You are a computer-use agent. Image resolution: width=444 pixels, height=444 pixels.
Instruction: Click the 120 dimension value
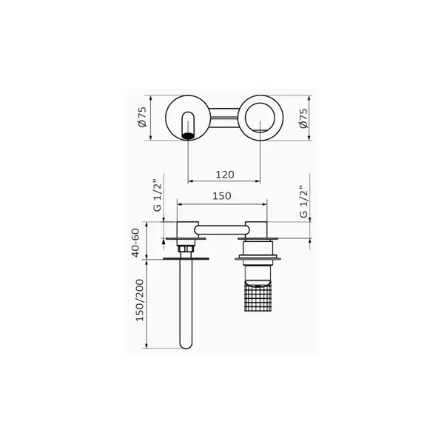225,175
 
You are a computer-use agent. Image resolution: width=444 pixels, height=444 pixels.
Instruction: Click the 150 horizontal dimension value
222,195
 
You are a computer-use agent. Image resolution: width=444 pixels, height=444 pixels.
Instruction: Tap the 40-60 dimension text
136,243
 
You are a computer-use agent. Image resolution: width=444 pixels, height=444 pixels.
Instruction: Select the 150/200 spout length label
140,300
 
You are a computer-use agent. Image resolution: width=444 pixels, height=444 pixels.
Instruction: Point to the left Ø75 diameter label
142,117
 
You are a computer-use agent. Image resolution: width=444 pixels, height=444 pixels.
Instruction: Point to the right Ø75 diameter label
303,118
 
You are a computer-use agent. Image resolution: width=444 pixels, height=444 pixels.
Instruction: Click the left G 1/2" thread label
157,195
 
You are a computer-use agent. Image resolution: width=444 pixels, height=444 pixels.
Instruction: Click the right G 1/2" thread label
303,201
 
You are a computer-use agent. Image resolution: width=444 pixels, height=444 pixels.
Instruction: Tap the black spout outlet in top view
188,135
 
